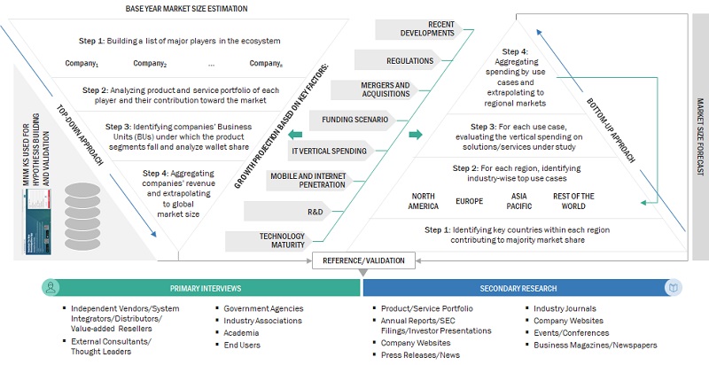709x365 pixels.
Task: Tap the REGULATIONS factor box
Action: point(394,61)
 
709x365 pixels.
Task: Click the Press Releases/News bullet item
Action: point(418,353)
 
